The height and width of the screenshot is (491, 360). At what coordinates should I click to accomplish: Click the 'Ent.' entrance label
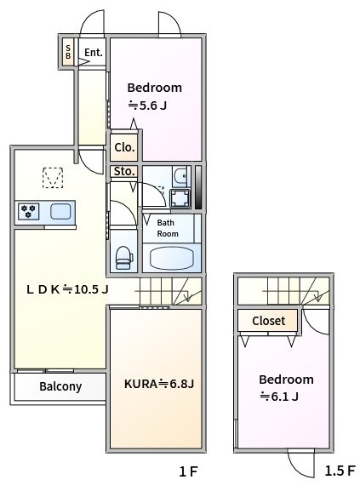click(x=93, y=53)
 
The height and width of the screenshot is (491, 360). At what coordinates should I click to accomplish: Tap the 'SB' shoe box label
click(x=68, y=53)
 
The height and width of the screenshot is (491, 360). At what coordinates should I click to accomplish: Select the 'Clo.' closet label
click(x=124, y=147)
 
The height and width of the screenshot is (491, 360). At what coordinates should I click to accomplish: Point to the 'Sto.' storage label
click(x=124, y=172)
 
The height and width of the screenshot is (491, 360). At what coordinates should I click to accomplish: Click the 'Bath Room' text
click(x=168, y=228)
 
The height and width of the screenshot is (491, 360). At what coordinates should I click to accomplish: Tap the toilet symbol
click(x=123, y=255)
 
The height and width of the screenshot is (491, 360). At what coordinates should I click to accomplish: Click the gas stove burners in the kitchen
click(x=29, y=212)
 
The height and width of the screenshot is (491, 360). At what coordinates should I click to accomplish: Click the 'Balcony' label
click(x=60, y=386)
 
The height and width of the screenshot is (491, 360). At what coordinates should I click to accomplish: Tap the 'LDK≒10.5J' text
click(x=67, y=289)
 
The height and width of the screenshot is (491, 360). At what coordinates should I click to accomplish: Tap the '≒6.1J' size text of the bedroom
click(x=278, y=397)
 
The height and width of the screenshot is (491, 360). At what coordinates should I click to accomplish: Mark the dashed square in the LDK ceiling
click(x=53, y=178)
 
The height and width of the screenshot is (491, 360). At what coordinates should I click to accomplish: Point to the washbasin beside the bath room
click(x=180, y=175)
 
